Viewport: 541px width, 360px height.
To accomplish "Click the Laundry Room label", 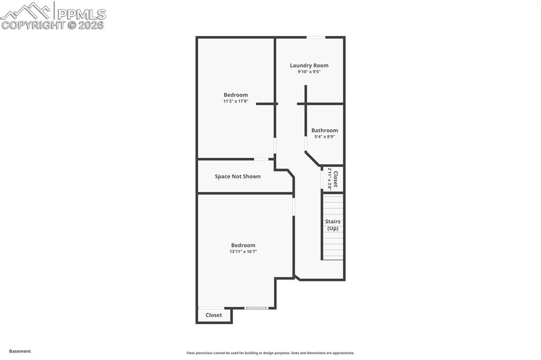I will click(x=309, y=65).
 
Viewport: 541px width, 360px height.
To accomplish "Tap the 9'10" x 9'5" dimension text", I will click(x=309, y=72).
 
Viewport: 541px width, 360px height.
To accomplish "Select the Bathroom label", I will click(x=324, y=130).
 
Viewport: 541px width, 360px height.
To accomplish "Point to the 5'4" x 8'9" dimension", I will click(x=324, y=137).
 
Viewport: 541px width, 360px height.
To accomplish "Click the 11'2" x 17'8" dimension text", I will click(x=236, y=101).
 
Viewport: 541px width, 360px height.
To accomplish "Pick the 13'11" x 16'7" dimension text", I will click(x=243, y=252).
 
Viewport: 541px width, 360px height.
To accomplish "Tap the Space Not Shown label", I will click(x=238, y=176).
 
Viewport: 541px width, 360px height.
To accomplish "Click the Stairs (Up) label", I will click(x=333, y=225).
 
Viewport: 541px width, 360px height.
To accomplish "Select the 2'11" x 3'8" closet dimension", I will click(x=330, y=178).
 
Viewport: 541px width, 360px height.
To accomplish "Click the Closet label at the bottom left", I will click(x=214, y=315).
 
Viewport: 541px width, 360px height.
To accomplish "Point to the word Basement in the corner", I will click(x=20, y=351).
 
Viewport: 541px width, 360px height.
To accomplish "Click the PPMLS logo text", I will click(x=81, y=14).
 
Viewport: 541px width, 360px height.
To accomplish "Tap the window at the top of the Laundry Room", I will click(x=316, y=37).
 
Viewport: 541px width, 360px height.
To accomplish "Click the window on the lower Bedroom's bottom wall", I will click(x=256, y=308).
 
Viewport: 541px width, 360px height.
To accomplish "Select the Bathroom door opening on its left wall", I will click(x=306, y=144).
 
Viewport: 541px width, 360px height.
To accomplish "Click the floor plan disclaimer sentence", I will click(x=270, y=353).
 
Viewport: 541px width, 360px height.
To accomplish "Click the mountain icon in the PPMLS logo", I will click(x=26, y=11).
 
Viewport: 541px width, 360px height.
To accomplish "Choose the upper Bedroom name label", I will click(x=236, y=95).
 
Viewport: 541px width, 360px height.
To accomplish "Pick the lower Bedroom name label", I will click(x=243, y=245).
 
